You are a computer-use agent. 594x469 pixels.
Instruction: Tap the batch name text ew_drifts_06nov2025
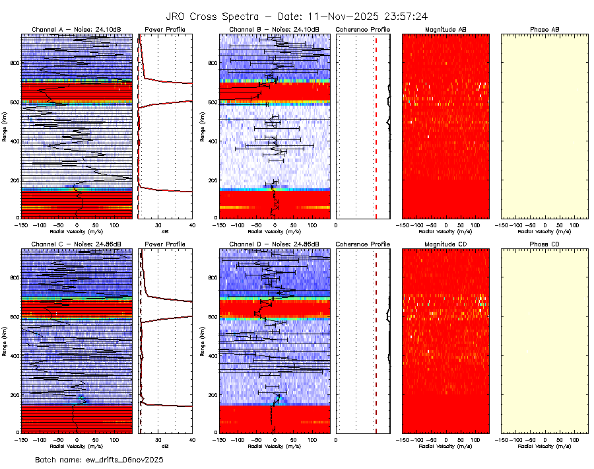[98, 459]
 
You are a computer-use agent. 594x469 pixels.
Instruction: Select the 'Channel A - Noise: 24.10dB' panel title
[76, 30]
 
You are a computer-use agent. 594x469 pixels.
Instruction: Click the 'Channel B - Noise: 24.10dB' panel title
[274, 30]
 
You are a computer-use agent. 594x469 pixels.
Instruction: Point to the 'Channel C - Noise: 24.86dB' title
[76, 244]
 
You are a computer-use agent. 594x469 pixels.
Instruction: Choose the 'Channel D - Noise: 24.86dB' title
[274, 244]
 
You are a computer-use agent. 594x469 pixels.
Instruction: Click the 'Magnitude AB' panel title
[445, 30]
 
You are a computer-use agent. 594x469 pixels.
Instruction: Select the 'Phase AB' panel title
[544, 30]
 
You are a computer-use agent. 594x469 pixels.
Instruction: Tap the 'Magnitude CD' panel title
[445, 244]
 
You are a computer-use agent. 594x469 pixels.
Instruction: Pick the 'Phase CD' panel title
[544, 244]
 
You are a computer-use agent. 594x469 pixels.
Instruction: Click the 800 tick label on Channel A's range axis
[13, 63]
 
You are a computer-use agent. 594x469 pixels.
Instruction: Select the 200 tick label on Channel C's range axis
[13, 394]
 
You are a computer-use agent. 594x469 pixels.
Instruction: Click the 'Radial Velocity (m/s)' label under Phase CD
[544, 446]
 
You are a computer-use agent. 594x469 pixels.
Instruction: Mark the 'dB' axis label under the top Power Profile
[165, 232]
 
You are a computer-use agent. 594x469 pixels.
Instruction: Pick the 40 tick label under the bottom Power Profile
[191, 439]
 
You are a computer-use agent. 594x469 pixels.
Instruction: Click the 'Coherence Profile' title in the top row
[363, 30]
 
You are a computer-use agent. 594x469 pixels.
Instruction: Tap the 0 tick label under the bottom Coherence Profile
[337, 439]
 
